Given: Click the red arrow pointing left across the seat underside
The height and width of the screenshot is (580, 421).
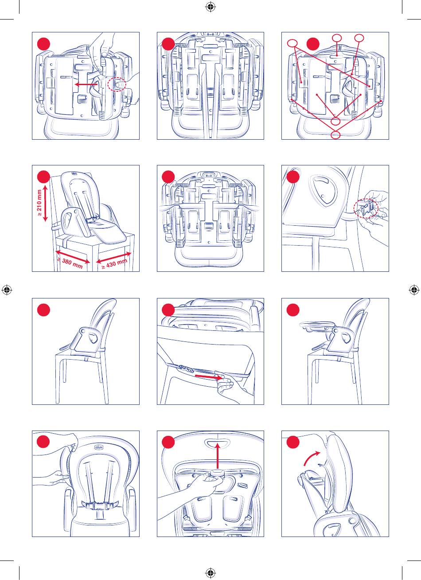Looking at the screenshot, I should click(x=86, y=83).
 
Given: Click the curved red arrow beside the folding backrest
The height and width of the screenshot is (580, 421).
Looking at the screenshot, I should click(x=311, y=457).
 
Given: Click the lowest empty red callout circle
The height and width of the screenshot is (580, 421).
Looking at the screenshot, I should click(x=336, y=134).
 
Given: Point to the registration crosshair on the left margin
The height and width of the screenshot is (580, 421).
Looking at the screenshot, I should click(x=7, y=290).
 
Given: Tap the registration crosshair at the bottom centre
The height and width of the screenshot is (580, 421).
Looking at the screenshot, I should click(x=210, y=572).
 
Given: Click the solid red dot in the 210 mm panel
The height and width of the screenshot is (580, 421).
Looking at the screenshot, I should click(x=43, y=177).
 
